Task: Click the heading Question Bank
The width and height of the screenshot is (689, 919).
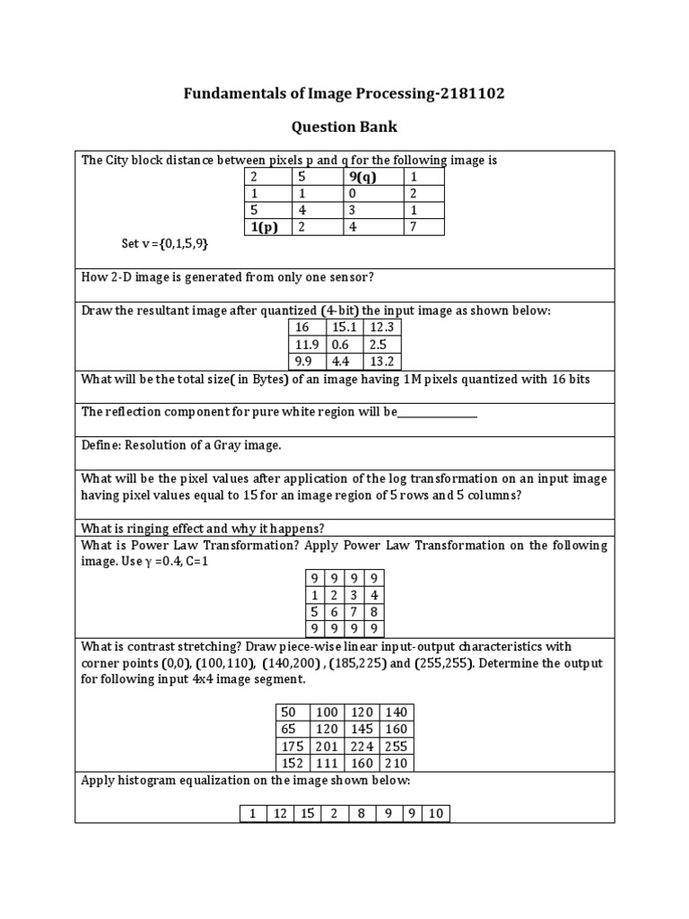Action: [x=344, y=127]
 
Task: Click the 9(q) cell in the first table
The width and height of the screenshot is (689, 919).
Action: [x=362, y=177]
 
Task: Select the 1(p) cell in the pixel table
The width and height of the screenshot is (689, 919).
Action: [x=266, y=227]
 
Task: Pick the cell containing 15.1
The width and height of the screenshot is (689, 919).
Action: [x=344, y=328]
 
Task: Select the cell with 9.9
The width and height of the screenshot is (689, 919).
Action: [x=306, y=362]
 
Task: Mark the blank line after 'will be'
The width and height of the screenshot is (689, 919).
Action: [x=437, y=413]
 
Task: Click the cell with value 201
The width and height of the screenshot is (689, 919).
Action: [x=327, y=747]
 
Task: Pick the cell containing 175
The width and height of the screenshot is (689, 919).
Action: [x=292, y=747]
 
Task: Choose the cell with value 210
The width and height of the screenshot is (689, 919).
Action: [x=396, y=764]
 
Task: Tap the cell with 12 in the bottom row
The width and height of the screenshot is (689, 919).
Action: [x=280, y=814]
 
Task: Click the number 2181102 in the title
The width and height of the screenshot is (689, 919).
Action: [x=453, y=93]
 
